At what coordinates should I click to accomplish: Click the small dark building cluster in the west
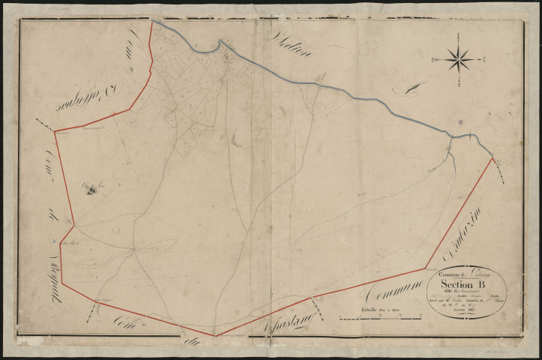[91, 189]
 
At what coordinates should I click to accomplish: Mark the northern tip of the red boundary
[151, 22]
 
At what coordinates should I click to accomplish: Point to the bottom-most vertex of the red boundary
[214, 336]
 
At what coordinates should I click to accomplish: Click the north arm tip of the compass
[458, 34]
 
